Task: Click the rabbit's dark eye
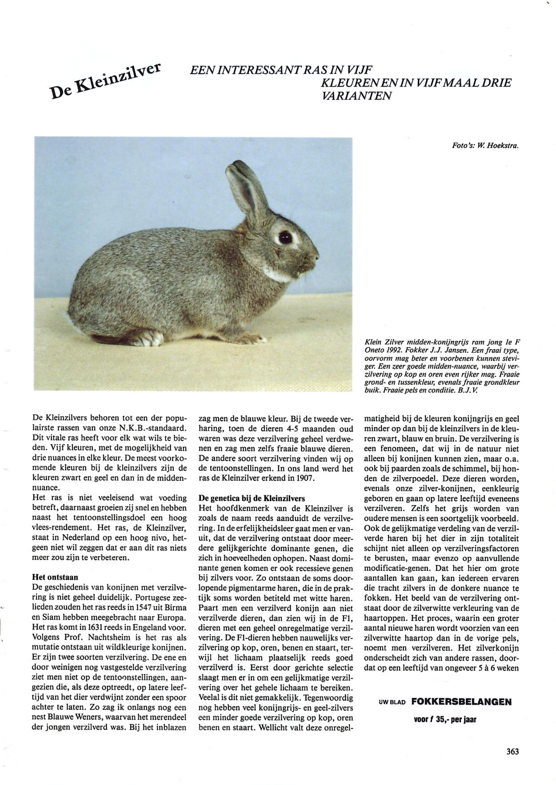click(284, 237)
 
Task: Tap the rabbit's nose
click(316, 257)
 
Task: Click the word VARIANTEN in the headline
click(354, 96)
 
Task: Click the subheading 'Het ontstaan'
click(55, 578)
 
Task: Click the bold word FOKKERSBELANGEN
click(461, 702)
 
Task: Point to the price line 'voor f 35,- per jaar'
click(444, 719)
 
